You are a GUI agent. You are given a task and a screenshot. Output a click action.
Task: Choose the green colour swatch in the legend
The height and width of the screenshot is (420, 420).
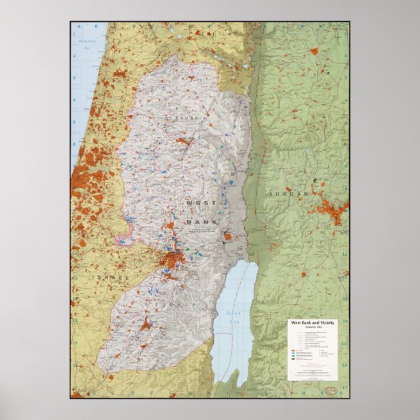coord(293,356)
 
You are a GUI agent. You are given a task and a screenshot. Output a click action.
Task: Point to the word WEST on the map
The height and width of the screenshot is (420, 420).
coord(197,204)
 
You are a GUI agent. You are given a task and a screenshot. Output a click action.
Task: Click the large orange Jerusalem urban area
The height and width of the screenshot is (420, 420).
coord(174,258)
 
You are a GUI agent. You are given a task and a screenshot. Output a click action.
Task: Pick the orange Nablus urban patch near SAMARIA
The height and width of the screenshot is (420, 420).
coord(184,141)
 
